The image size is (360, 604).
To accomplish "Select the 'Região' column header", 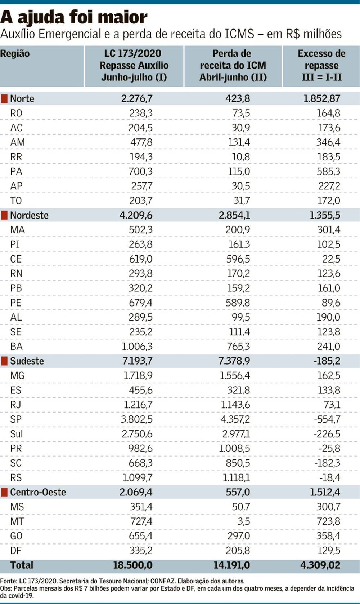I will point(15,54).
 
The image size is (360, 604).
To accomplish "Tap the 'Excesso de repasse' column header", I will point(321,65).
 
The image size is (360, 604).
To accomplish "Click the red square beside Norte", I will point(4,99).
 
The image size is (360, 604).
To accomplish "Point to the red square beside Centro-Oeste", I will point(4,492).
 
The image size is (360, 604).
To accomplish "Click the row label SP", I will point(16,419).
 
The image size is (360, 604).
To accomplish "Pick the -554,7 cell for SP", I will point(327,419).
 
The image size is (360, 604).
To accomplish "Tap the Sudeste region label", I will point(27,361).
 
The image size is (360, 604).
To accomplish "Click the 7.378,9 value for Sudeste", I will point(234,361).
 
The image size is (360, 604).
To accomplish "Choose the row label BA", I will point(16,347).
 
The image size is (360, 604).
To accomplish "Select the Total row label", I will point(22,565).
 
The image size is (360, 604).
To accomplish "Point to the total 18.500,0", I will point(133,565).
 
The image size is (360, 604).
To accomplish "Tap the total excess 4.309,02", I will point(320,565).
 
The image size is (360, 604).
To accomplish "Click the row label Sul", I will point(17,434).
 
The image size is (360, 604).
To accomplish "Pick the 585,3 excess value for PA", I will point(328,172).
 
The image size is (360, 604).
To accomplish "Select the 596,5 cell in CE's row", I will point(238,259).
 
